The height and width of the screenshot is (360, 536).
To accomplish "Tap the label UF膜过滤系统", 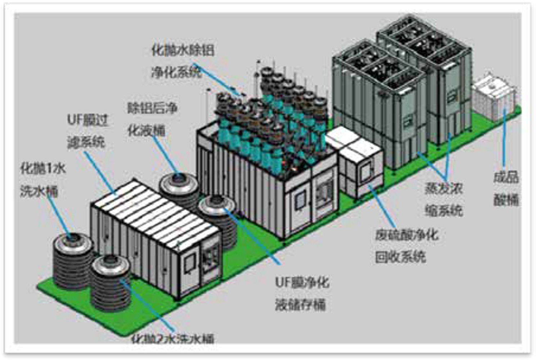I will point(87,131).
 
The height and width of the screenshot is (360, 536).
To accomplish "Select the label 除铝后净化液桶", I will point(152,119).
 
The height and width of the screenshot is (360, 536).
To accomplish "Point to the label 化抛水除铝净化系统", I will point(182,61).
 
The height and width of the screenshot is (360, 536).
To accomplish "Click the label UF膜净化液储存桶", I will point(302,293).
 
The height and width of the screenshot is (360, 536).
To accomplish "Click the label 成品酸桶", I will point(506,188).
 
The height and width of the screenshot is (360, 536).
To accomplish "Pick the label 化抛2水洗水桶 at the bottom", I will point(172,338).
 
